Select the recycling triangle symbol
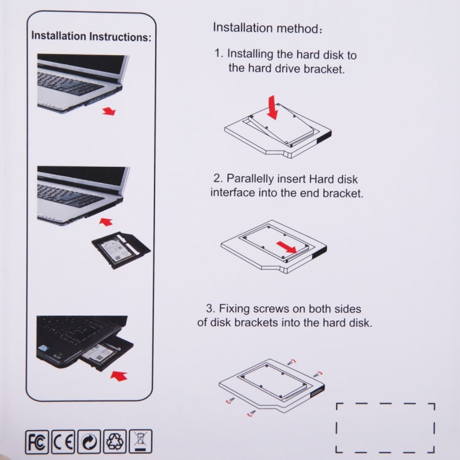(117, 441)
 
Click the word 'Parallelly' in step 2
(253, 179)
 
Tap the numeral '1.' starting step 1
(219, 54)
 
